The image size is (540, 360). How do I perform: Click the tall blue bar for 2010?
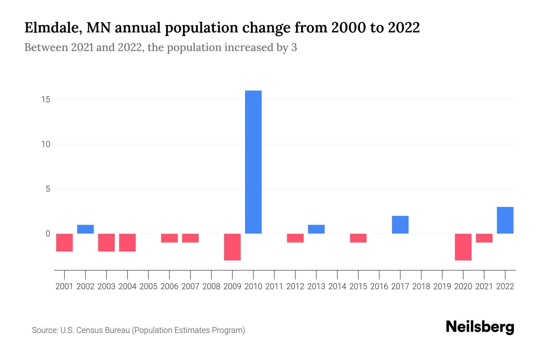pos(253,162)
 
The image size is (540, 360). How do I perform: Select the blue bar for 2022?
pos(505,220)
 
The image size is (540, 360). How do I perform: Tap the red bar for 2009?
pos(232,247)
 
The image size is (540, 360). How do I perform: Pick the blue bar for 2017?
pos(400,225)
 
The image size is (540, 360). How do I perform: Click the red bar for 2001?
pos(64,242)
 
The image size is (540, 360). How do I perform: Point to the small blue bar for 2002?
pos(85,229)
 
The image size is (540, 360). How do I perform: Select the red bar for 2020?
pos(463,247)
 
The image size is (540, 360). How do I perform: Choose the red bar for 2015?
pos(358,238)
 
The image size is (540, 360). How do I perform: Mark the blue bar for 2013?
pos(316,229)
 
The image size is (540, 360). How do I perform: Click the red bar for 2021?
pos(484,238)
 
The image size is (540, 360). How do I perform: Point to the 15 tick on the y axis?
pos(46,100)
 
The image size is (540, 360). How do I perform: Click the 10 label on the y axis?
pos(46,144)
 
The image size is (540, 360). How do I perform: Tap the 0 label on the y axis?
pos(48,234)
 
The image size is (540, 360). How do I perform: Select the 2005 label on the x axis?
pos(148,286)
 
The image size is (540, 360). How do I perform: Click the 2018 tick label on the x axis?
pos(421,286)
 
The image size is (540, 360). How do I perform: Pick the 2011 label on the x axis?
pos(274,286)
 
